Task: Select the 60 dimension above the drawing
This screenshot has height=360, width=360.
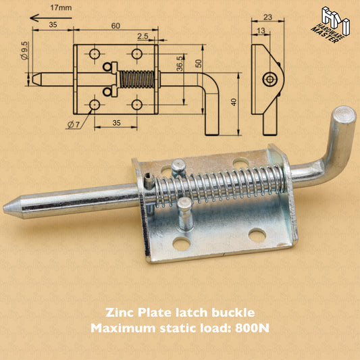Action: point(116,25)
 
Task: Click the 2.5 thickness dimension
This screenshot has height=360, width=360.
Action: point(143,36)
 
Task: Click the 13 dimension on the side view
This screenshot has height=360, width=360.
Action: point(259,30)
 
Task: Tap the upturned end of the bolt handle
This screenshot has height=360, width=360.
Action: point(343,115)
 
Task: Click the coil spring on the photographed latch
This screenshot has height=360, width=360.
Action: point(223,182)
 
